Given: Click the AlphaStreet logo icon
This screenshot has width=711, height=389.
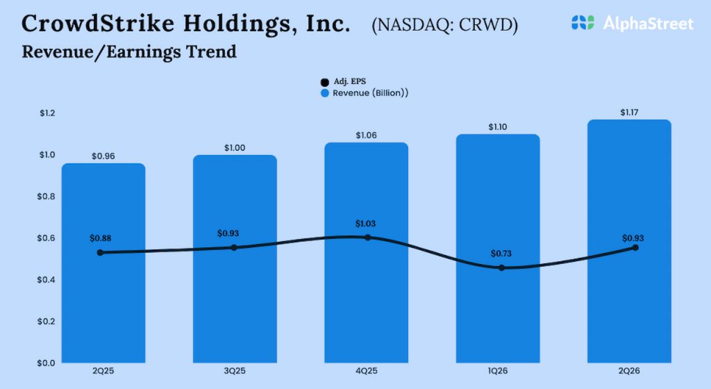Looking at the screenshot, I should (x=583, y=23).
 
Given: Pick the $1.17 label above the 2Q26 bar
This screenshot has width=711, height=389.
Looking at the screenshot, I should (x=630, y=112).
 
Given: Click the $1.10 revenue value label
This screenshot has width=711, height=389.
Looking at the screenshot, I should (x=498, y=126).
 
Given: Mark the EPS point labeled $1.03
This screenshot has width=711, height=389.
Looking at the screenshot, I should (x=367, y=238).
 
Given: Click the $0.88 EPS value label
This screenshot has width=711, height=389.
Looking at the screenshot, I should (x=100, y=238).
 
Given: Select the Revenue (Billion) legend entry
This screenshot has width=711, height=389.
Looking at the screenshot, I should (x=364, y=93).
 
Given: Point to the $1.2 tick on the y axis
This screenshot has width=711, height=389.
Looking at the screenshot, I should (x=47, y=113).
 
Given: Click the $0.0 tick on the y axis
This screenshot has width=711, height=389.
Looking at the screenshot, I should (x=47, y=363).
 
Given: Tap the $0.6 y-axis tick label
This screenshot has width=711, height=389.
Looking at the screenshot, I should (x=47, y=238).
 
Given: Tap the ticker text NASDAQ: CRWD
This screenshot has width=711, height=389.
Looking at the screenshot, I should (x=444, y=26).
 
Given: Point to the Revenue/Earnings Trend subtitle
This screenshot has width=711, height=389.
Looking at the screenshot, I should (x=129, y=52).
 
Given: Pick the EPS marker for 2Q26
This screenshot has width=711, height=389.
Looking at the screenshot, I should (x=635, y=247).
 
